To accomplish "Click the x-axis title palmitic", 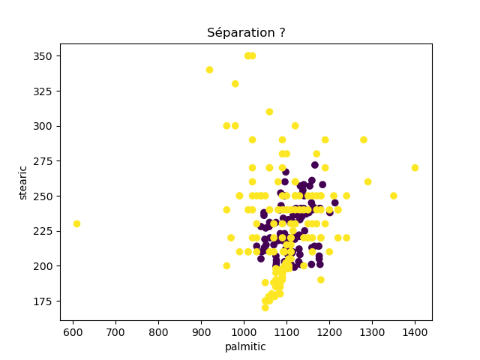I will coord(245,346).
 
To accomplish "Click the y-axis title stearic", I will coord(23,182).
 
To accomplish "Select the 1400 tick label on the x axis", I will coord(415,331).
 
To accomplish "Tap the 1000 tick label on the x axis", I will coord(244,331).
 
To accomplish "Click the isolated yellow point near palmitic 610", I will coord(76,223).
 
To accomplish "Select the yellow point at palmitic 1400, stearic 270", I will coord(415,168).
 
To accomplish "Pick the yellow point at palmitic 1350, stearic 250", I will coord(394,196).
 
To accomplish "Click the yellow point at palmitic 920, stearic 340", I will coord(209,70).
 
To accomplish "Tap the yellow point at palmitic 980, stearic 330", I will coord(235,84).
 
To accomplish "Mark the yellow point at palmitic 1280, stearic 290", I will coord(364,140).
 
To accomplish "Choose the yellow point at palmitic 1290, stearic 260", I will coord(367,181).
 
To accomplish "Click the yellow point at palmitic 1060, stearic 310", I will coord(269,112).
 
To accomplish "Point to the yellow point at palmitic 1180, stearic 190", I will coord(321,280).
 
